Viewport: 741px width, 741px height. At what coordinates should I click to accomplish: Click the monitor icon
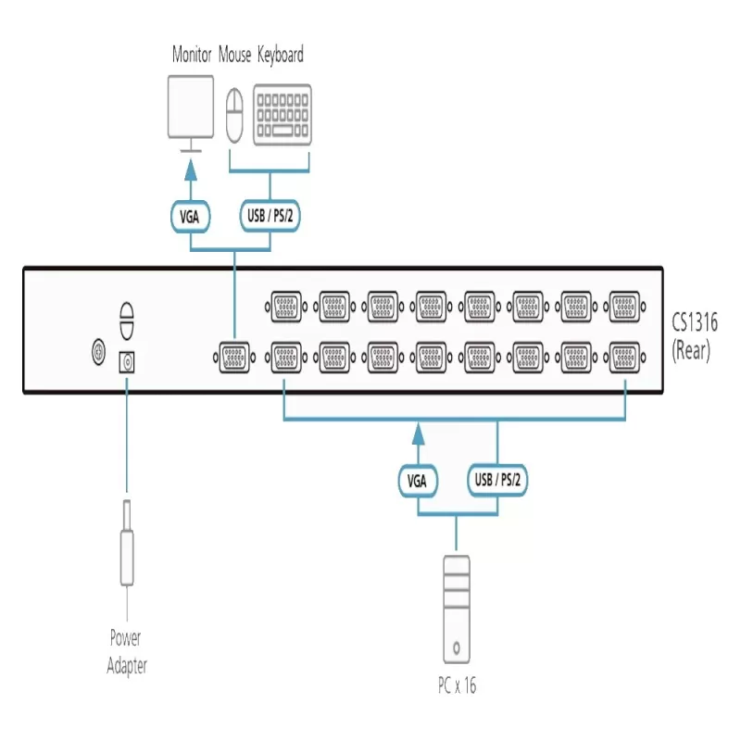pyautogui.click(x=191, y=113)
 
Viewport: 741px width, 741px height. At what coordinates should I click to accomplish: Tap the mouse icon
pyautogui.click(x=234, y=116)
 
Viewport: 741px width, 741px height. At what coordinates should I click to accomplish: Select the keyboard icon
pyautogui.click(x=283, y=115)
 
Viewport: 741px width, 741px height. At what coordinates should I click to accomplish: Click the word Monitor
pyautogui.click(x=192, y=55)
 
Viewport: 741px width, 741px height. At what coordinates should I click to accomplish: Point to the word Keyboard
pyautogui.click(x=281, y=56)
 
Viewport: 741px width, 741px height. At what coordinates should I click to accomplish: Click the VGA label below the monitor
pyautogui.click(x=190, y=217)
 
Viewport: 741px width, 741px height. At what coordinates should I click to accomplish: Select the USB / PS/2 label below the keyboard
pyautogui.click(x=270, y=216)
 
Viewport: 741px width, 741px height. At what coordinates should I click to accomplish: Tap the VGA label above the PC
pyautogui.click(x=418, y=481)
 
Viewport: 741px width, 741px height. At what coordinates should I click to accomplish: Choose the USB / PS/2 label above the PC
pyautogui.click(x=497, y=480)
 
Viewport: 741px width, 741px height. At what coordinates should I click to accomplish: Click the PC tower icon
pyautogui.click(x=457, y=609)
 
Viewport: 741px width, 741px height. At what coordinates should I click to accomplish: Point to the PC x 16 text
pyautogui.click(x=457, y=685)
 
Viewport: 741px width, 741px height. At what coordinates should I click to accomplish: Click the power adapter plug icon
pyautogui.click(x=127, y=544)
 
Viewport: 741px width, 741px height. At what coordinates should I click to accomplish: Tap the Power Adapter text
pyautogui.click(x=127, y=652)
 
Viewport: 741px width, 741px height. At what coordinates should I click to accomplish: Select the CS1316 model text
pyautogui.click(x=695, y=322)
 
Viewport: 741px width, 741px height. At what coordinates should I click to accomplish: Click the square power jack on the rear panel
pyautogui.click(x=127, y=362)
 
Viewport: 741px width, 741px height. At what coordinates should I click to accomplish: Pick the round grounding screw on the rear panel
pyautogui.click(x=98, y=352)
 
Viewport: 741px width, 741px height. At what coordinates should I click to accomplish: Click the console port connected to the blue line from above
pyautogui.click(x=234, y=358)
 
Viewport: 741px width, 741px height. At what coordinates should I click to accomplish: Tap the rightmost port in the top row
pyautogui.click(x=624, y=307)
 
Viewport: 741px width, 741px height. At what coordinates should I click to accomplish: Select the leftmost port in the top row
pyautogui.click(x=286, y=307)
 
